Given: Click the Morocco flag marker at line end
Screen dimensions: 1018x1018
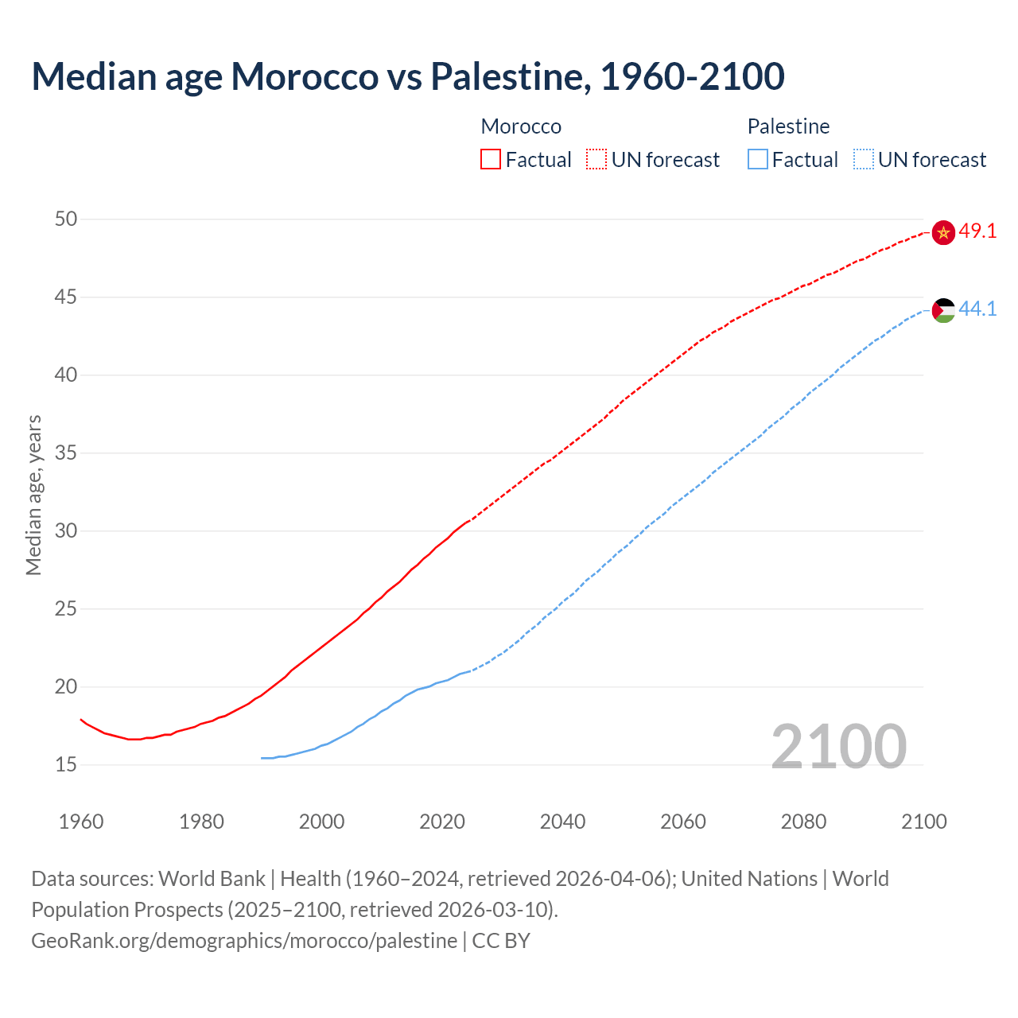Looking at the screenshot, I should [x=943, y=232].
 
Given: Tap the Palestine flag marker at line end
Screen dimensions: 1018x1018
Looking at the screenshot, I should [x=943, y=310].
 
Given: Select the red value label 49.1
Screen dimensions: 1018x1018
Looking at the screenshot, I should [x=977, y=231].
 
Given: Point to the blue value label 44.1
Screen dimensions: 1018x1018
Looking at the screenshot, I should [x=977, y=309].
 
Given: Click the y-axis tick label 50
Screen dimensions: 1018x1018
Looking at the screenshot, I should [x=66, y=219].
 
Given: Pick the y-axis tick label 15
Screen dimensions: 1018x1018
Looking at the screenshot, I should [x=66, y=764].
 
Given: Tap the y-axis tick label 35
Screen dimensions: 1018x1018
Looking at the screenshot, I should [x=66, y=453].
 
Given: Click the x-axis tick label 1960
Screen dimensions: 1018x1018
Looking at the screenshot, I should [x=81, y=822].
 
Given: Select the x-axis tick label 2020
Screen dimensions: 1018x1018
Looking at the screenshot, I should [x=442, y=822].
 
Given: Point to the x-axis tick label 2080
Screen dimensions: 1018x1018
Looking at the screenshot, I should [x=803, y=822].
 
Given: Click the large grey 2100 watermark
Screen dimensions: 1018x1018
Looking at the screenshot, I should [x=838, y=746].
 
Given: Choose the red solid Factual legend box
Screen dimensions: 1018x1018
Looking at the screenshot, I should [x=491, y=160].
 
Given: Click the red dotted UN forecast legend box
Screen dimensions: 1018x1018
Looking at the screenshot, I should [x=596, y=160].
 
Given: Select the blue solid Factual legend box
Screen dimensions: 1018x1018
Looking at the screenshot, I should [x=758, y=160].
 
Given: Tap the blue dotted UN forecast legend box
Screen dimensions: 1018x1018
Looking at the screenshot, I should [x=863, y=160].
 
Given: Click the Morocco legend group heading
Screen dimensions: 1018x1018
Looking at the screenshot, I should [x=521, y=126].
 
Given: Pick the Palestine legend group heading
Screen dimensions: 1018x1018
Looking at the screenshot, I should [x=788, y=126].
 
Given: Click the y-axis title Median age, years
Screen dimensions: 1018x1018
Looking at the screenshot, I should [x=33, y=495].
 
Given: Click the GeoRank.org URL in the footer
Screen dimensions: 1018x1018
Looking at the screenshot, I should [x=244, y=941].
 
